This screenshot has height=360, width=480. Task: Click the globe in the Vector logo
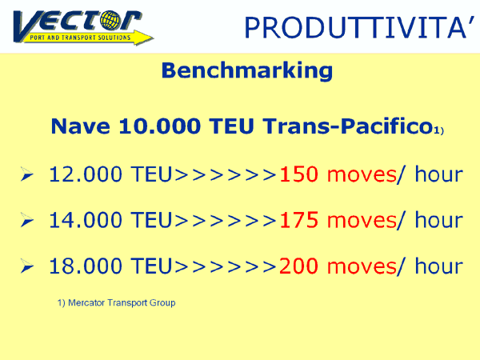point(110,20)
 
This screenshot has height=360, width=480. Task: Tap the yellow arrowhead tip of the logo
point(153,38)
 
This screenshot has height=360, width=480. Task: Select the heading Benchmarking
point(247,71)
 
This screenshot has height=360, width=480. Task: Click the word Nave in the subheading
point(81,126)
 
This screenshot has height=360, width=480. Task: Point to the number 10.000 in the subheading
point(160,126)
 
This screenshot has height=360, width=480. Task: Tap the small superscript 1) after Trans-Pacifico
point(438,130)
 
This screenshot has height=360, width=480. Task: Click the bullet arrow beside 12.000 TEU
point(27,174)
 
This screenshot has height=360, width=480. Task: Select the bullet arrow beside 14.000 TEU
point(27,220)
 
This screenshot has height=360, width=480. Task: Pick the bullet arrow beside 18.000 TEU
point(27,266)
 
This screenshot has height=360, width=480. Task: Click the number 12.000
point(86,174)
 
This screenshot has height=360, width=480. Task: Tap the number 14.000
point(86,221)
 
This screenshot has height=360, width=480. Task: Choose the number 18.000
point(86,266)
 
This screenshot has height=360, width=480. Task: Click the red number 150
point(298,174)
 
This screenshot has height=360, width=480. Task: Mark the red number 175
point(298,221)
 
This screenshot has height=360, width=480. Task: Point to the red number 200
point(298,266)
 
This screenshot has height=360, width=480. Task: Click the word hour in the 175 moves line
point(438,220)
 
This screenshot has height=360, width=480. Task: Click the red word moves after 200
point(362,267)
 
